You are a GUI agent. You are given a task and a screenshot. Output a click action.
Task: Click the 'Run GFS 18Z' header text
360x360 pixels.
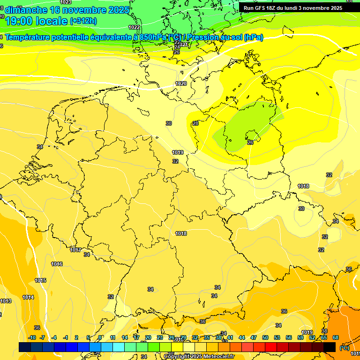point(260,8)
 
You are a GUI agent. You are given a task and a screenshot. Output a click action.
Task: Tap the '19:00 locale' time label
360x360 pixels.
point(36,21)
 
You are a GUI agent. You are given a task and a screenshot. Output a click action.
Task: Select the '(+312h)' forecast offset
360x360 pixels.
point(83,21)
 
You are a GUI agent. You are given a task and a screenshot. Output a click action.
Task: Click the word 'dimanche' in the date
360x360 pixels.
point(26,10)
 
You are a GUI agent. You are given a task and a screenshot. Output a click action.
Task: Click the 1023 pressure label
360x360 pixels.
point(66,2)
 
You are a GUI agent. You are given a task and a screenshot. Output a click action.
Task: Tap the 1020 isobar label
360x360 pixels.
point(181,83)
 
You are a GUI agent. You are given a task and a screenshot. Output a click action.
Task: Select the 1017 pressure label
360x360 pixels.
point(75,250)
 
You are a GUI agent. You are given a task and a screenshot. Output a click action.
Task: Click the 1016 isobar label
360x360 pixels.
point(57,264)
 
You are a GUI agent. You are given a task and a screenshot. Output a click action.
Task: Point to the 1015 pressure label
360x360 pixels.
point(40,280)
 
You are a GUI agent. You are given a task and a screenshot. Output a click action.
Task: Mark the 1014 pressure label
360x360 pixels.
point(28,297)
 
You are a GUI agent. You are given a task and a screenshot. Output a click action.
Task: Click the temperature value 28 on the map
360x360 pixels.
point(195,123)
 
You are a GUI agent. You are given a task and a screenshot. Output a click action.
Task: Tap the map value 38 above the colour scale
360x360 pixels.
point(324,331)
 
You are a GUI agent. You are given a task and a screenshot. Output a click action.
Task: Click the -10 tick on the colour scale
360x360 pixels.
point(32,337)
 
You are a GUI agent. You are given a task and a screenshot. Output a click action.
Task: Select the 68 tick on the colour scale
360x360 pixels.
point(336,337)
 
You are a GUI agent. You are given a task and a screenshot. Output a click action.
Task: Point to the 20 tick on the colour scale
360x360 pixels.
point(148,337)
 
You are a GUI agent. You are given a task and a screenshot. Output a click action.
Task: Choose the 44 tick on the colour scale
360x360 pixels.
point(241,337)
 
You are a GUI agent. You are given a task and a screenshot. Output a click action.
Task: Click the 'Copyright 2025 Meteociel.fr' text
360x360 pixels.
point(199,356)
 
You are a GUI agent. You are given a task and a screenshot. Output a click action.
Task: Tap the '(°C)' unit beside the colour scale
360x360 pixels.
point(344,347)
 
